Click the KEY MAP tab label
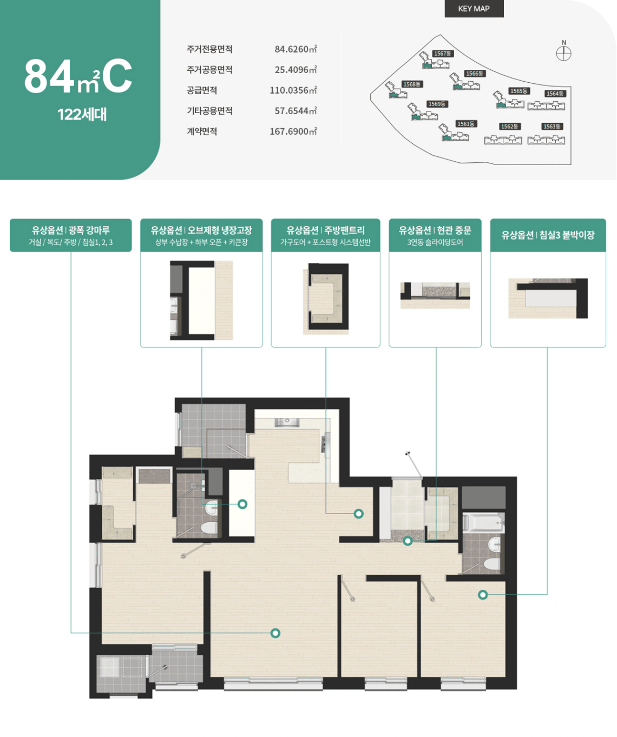click(474, 9)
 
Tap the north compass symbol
click(563, 53)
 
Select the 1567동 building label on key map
click(442, 54)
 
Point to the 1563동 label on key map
click(552, 127)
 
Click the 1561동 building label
click(465, 124)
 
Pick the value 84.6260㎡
click(296, 49)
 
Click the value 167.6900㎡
click(293, 131)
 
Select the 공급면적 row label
click(202, 90)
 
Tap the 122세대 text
click(82, 115)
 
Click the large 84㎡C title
click(78, 77)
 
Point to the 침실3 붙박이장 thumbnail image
click(548, 298)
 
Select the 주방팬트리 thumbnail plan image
click(325, 299)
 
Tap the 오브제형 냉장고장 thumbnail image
click(201, 300)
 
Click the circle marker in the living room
click(275, 633)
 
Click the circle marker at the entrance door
click(408, 541)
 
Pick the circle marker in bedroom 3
click(483, 595)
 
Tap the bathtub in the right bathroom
click(483, 523)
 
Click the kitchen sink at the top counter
click(287, 422)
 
